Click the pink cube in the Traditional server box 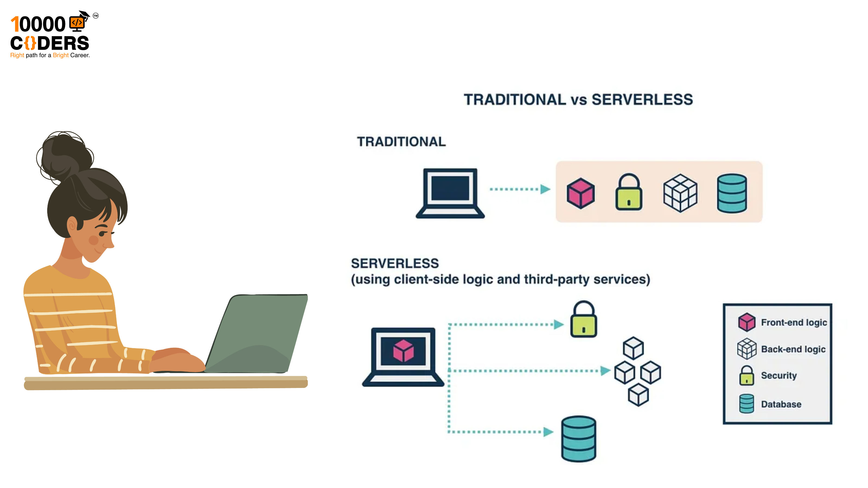580,193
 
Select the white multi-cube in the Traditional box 680,193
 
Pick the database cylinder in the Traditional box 732,193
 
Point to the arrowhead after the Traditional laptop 545,189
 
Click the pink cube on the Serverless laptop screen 403,351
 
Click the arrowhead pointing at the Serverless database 548,432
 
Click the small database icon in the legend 746,403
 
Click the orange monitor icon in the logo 77,23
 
